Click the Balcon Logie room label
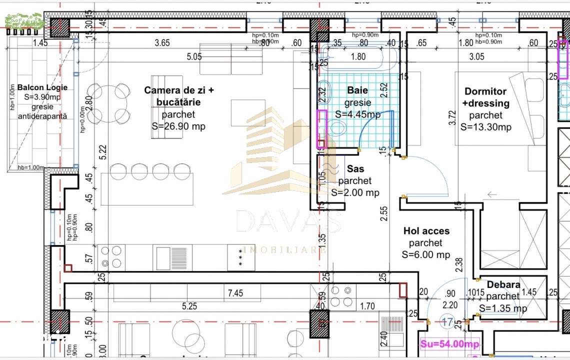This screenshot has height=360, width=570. pyautogui.click(x=42, y=87)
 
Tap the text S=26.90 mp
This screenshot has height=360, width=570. pyautogui.click(x=178, y=126)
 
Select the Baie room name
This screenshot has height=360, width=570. pyautogui.click(x=357, y=90)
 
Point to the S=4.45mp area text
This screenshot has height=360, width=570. pyautogui.click(x=357, y=114)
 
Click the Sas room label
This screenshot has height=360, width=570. pyautogui.click(x=355, y=169)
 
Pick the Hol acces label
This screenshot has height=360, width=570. pyautogui.click(x=426, y=231)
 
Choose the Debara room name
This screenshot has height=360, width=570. pyautogui.click(x=503, y=284)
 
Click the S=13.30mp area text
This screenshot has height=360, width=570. pyautogui.click(x=485, y=127)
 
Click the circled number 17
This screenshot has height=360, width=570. pyautogui.click(x=447, y=321)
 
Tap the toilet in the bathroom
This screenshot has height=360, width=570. pyautogui.click(x=337, y=128)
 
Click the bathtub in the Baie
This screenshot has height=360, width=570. pyautogui.click(x=359, y=56)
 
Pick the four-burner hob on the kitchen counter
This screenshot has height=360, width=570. pyautogui.click(x=111, y=257)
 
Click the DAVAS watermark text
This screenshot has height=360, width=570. pyautogui.click(x=289, y=221)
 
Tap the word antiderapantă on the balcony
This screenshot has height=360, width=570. pyautogui.click(x=42, y=116)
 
